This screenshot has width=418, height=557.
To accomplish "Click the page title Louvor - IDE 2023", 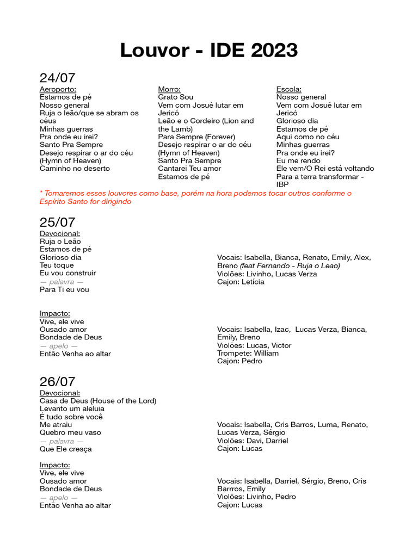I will pos(209,51).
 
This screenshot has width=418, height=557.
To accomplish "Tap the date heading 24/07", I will pos(57,78).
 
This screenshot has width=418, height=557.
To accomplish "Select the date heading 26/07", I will pos(57,382).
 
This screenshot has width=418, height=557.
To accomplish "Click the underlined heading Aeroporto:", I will pos(58,89).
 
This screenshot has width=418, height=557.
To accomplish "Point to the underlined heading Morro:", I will pos(169,89).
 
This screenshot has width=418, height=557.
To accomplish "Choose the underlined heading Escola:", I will pos(289,89).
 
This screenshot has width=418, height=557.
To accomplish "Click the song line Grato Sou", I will pos(176,97).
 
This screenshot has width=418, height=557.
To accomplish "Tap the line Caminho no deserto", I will pos(75,169).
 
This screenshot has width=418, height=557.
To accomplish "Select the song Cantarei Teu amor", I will pos(189,169).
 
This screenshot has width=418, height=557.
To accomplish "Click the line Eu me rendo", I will pos(299,161).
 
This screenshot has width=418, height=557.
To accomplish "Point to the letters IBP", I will pos(282,184).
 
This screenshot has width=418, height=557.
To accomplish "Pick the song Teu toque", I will pos(57,265).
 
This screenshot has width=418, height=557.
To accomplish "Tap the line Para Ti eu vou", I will pos(64,290).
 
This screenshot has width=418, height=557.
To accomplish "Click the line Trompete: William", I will pos(248,354).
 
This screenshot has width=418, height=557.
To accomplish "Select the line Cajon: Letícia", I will pos(241,282).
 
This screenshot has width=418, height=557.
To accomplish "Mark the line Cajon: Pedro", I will pos(239,361).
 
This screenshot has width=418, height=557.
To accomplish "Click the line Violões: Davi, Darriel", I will pos(253,441).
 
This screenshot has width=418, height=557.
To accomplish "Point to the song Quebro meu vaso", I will pos(70,433).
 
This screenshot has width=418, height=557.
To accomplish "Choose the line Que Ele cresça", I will pos(66,449).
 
